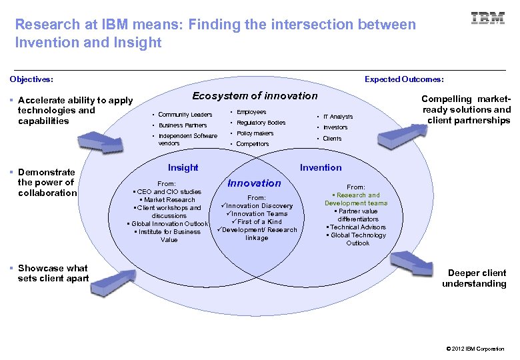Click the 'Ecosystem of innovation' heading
coord(255,96)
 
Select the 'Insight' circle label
coord(183,167)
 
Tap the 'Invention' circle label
coord(321,167)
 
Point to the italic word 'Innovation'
coord(254,183)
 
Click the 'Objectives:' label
coord(31,79)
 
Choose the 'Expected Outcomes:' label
coord(404,79)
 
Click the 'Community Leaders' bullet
coord(185,115)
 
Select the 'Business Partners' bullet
coord(182,125)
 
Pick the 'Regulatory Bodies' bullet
coord(261,123)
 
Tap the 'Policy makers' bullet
coord(255,133)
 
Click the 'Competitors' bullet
coord(253,144)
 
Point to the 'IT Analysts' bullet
coord(338,117)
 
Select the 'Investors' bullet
coord(335,127)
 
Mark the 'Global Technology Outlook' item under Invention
coord(357,239)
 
